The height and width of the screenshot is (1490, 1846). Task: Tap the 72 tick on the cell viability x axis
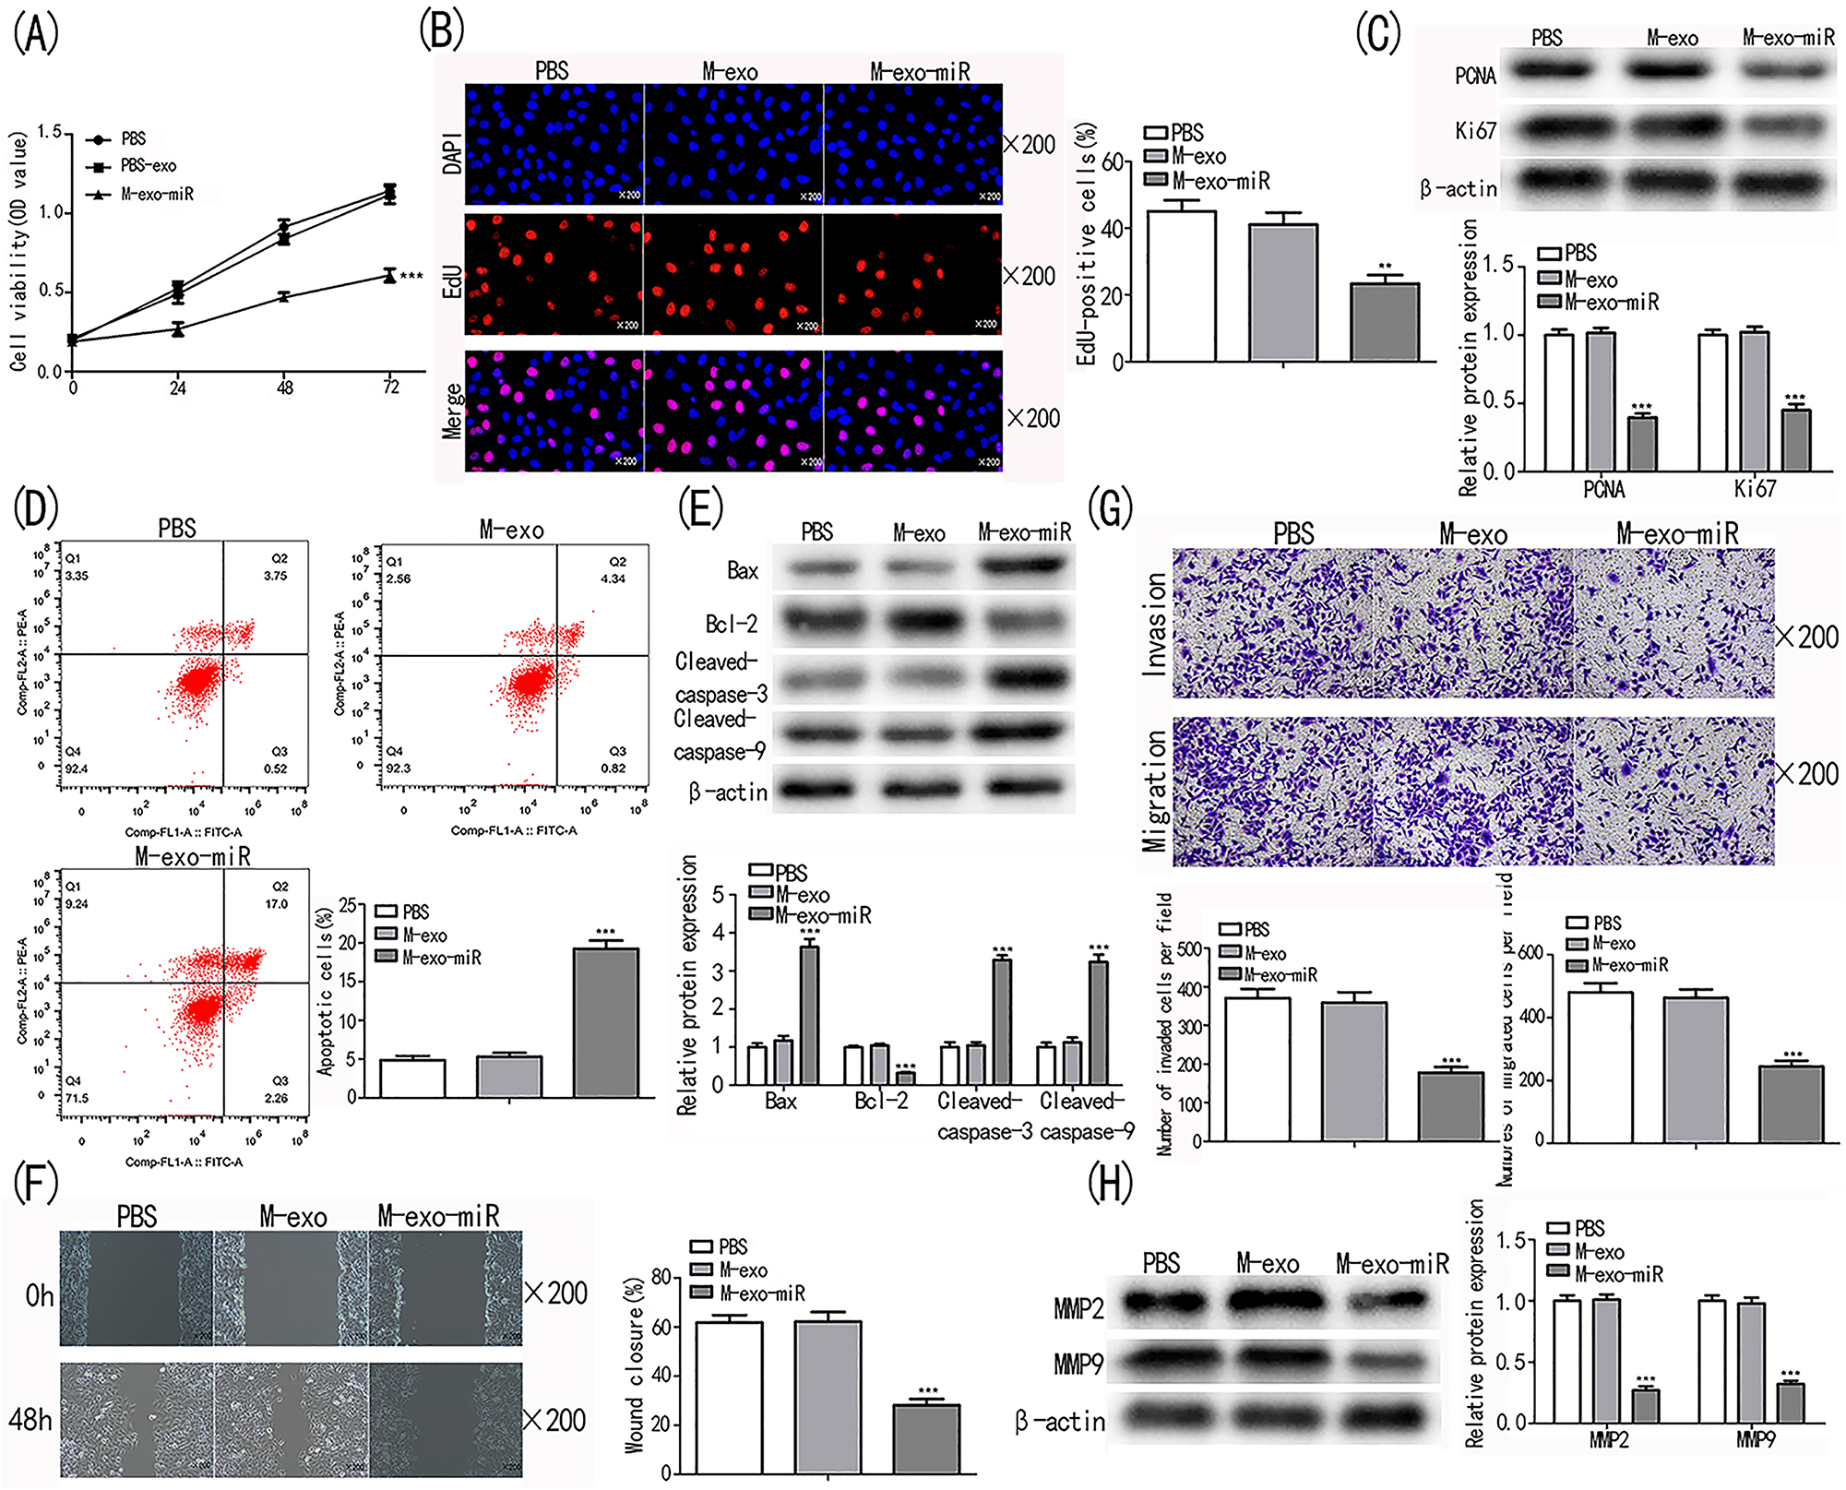(391, 387)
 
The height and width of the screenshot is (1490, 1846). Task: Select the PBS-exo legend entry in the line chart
(148, 166)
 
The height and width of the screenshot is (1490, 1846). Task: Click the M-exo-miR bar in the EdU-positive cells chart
(1384, 322)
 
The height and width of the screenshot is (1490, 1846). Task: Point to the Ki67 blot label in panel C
(1475, 131)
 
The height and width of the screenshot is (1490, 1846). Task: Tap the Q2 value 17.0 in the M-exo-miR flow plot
(276, 904)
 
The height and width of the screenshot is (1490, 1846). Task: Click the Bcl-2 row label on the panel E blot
(731, 625)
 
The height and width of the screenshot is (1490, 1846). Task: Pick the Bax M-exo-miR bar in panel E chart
(809, 1015)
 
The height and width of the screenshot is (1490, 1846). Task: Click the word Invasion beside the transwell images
(1155, 625)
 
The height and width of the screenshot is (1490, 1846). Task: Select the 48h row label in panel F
(30, 1419)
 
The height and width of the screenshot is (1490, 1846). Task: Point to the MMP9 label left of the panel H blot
(1078, 1364)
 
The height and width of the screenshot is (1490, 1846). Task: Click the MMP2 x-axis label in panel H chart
(1608, 1439)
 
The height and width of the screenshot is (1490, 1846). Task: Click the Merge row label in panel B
(452, 411)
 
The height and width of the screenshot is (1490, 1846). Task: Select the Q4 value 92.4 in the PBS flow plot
(77, 769)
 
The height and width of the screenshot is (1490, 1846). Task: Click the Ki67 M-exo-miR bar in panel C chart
(1795, 440)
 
